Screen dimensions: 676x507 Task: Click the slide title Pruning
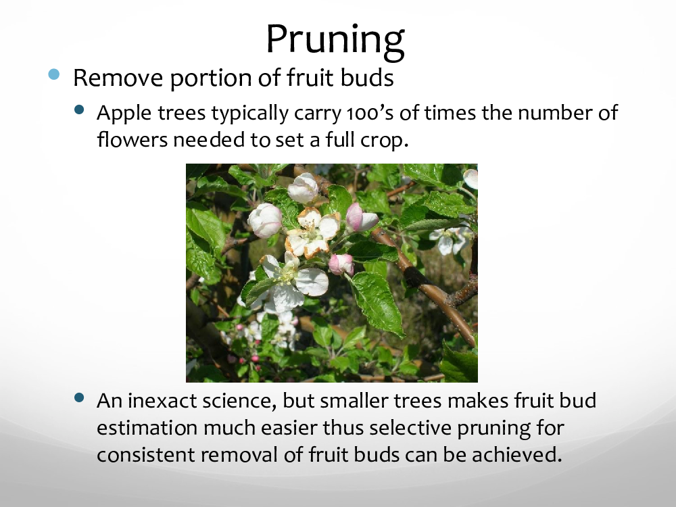pyautogui.click(x=335, y=40)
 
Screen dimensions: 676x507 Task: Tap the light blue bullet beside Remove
pyautogui.click(x=54, y=74)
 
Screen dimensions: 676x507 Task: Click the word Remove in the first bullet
pyautogui.click(x=118, y=78)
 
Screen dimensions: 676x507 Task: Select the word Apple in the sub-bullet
pyautogui.click(x=123, y=114)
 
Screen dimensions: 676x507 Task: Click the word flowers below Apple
pyautogui.click(x=132, y=139)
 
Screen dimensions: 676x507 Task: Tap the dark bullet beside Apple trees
pyautogui.click(x=79, y=110)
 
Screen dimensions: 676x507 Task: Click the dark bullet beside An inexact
pyautogui.click(x=79, y=397)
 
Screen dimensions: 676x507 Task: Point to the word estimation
pyautogui.click(x=147, y=428)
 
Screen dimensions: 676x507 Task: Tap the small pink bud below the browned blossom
pyautogui.click(x=341, y=264)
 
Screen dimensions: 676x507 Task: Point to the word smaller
pyautogui.click(x=354, y=400)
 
